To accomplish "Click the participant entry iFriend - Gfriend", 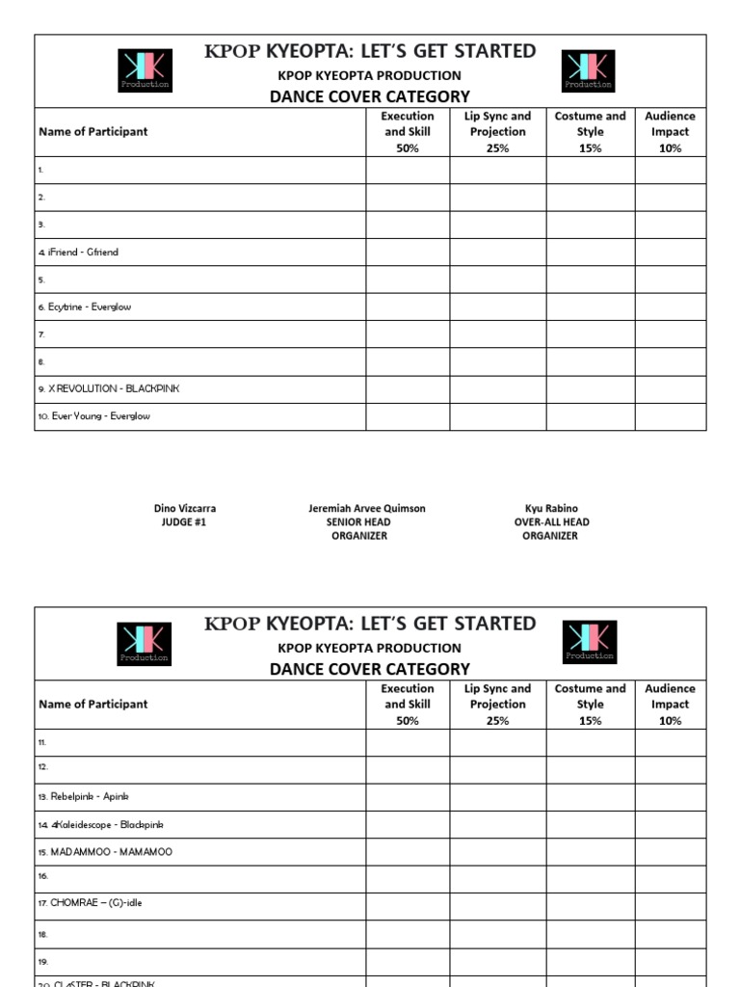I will pyautogui.click(x=79, y=253).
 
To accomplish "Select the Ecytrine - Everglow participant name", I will pyautogui.click(x=85, y=307).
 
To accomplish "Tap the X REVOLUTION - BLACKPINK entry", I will pyautogui.click(x=109, y=388).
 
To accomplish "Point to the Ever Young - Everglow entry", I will pyautogui.click(x=94, y=416).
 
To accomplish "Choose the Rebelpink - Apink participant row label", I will pyautogui.click(x=83, y=797).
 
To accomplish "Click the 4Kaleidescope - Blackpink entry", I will pyautogui.click(x=94, y=825).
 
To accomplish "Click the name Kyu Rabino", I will pyautogui.click(x=551, y=509).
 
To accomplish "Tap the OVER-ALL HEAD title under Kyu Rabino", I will pyautogui.click(x=551, y=522).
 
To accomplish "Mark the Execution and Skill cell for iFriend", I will pyautogui.click(x=408, y=253).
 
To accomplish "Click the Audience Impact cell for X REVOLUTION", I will pyautogui.click(x=671, y=389).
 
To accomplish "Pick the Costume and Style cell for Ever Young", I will pyautogui.click(x=591, y=416).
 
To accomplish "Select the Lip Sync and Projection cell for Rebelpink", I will pyautogui.click(x=498, y=797).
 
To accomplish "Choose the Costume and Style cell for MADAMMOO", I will pyautogui.click(x=591, y=852).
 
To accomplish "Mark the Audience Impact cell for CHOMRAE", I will pyautogui.click(x=671, y=904).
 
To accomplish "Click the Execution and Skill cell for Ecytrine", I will pyautogui.click(x=408, y=307).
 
